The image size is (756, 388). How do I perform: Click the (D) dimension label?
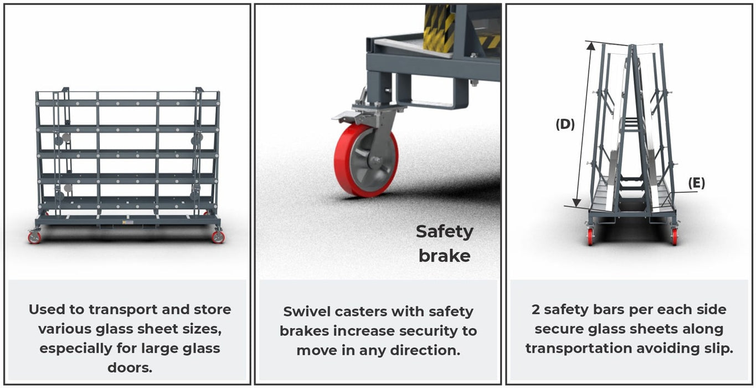point(565,124)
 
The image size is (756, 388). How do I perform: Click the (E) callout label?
point(697,183)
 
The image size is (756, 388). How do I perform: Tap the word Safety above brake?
point(445,232)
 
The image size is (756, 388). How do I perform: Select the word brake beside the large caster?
point(445,256)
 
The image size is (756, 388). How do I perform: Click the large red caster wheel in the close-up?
point(366,160)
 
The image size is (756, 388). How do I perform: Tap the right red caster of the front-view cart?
point(218,237)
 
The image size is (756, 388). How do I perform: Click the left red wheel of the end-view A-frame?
point(590,236)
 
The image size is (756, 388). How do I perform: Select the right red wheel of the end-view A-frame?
point(675,236)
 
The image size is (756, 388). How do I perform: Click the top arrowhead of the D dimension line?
point(591,45)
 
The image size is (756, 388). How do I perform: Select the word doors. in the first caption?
point(130,367)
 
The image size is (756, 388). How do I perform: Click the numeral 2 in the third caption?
point(536,310)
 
